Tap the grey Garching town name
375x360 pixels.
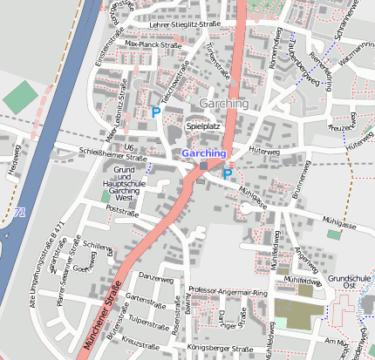point(224,104)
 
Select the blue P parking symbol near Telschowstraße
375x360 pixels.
point(156,112)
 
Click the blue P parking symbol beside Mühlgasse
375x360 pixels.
point(227,173)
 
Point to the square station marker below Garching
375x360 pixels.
point(203,166)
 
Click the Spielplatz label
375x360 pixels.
point(203,126)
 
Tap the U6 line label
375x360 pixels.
point(129,147)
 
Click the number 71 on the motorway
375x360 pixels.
point(19,212)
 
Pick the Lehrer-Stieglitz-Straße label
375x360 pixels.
point(185,25)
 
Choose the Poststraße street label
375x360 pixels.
point(121,211)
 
